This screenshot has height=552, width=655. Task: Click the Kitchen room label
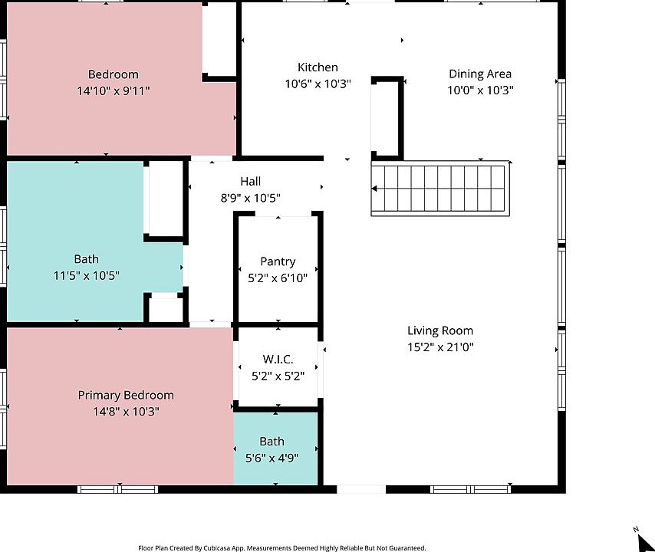tap(318, 67)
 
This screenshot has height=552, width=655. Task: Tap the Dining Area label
tap(480, 74)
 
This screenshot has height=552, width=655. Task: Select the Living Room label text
tap(440, 330)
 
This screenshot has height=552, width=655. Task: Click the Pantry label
tap(278, 261)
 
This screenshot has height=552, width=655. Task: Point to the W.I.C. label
tap(278, 360)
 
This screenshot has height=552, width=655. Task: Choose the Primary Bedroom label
tap(126, 395)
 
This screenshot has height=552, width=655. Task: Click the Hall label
tap(250, 182)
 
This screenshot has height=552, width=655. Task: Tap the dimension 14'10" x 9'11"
tap(114, 91)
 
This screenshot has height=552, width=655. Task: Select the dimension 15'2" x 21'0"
tap(440, 347)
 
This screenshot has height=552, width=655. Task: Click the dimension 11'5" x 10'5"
tap(86, 275)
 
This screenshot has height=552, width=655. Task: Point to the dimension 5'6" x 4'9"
tap(272, 458)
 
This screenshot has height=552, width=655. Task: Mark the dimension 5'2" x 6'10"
tap(278, 278)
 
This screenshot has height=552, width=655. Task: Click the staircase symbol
tap(440, 189)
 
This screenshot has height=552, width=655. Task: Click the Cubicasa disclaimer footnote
tap(281, 548)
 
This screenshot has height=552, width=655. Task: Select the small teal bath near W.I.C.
tap(275, 449)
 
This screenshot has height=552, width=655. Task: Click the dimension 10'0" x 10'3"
tap(480, 90)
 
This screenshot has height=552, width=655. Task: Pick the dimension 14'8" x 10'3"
tap(126, 412)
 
